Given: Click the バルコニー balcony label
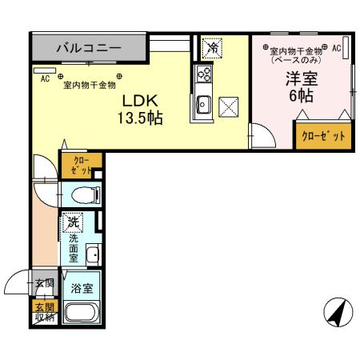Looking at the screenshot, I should [x=89, y=49].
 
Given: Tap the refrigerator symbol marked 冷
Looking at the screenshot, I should [x=212, y=48].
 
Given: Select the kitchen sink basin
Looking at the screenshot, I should [x=203, y=102].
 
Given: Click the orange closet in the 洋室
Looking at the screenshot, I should [x=323, y=136].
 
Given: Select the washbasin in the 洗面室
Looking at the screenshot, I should [x=93, y=256].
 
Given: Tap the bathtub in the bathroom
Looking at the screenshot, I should [x=81, y=312].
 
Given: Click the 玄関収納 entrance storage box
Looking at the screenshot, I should [x=45, y=313].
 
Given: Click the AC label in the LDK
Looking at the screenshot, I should [x=44, y=78].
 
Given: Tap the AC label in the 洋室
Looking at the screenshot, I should [x=336, y=49].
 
